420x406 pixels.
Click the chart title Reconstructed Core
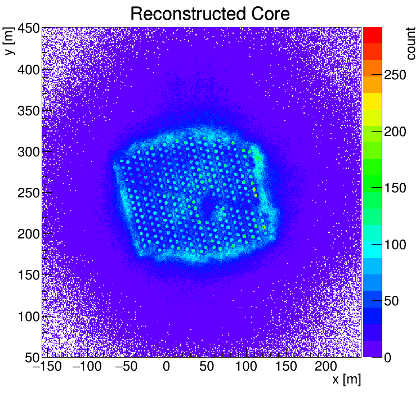(x=209, y=14)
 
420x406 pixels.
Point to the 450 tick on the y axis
(x=28, y=29)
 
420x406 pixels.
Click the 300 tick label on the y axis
(x=28, y=152)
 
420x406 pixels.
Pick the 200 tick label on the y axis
(x=28, y=234)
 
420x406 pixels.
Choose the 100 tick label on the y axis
(x=28, y=317)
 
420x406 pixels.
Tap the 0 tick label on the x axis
(x=167, y=367)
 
